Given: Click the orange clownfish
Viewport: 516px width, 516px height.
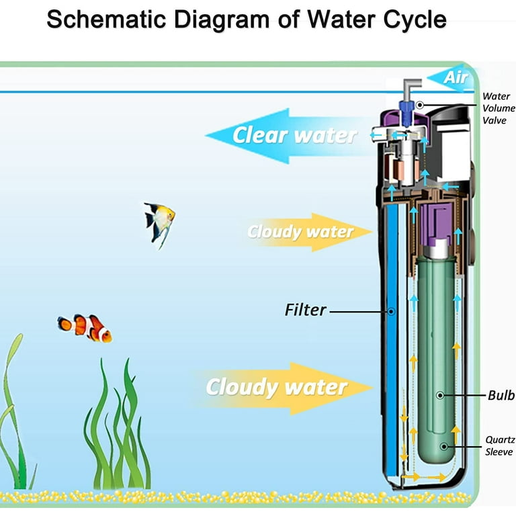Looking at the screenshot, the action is (85, 328).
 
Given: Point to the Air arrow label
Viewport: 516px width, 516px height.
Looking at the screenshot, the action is (456, 78).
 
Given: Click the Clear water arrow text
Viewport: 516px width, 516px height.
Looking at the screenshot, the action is (294, 135).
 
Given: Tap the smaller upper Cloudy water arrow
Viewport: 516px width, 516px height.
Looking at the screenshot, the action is (310, 232).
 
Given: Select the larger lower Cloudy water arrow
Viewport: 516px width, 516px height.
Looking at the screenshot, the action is (283, 388).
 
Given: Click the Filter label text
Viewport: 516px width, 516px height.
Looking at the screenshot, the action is (306, 310).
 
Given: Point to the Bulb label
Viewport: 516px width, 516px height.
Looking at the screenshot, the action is (501, 395).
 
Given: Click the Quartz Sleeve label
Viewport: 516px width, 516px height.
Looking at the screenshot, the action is (500, 445).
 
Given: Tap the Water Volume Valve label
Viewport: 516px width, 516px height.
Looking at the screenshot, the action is (499, 108).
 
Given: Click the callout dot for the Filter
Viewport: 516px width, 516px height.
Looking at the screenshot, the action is (391, 311).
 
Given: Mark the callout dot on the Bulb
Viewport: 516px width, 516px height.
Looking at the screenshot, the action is (439, 395).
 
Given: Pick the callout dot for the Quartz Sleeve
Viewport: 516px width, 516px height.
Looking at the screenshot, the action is (444, 447).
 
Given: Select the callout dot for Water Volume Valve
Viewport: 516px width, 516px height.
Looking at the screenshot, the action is (419, 105).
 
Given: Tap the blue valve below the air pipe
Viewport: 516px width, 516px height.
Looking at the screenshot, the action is (406, 113).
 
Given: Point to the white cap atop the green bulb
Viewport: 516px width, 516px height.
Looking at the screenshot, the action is (436, 249).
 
